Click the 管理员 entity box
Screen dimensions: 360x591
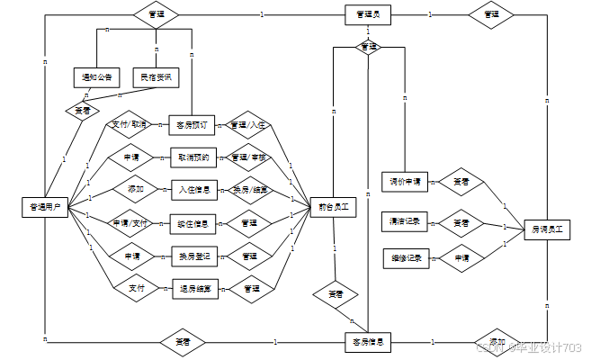[x=367, y=14]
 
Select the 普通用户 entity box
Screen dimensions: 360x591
[x=44, y=207]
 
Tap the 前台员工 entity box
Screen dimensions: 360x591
[x=333, y=207]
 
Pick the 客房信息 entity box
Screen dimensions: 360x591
[x=367, y=342]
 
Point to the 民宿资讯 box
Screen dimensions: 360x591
[x=156, y=77]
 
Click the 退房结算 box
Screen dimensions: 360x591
[x=195, y=288]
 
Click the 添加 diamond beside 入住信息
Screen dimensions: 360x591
[x=135, y=189]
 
